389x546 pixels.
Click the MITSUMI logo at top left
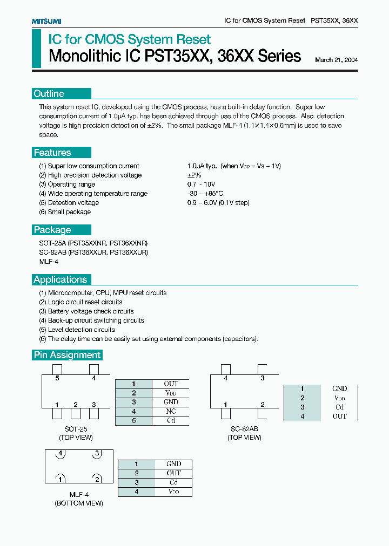pyautogui.click(x=46, y=21)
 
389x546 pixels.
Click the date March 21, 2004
pyautogui.click(x=336, y=60)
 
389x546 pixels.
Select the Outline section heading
pyautogui.click(x=49, y=93)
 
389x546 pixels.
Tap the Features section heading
pyautogui.click(x=52, y=153)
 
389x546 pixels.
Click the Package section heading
pyautogui.click(x=52, y=230)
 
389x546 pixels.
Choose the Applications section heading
pyautogui.click(x=61, y=279)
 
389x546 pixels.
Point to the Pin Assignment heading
pyautogui.click(x=67, y=355)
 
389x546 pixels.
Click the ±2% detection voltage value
pyautogui.click(x=194, y=175)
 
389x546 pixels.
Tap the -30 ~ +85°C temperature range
pyautogui.click(x=205, y=194)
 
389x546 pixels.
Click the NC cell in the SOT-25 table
pyautogui.click(x=171, y=411)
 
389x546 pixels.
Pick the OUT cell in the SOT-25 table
pyautogui.click(x=171, y=384)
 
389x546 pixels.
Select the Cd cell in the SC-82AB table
pyautogui.click(x=339, y=407)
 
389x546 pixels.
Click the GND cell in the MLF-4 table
pyautogui.click(x=173, y=464)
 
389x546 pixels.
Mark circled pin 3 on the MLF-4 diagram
pyautogui.click(x=97, y=453)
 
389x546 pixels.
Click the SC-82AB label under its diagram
pyautogui.click(x=245, y=428)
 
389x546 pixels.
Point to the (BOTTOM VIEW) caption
pyautogui.click(x=78, y=503)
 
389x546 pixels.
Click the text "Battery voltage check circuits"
pyautogui.click(x=91, y=311)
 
